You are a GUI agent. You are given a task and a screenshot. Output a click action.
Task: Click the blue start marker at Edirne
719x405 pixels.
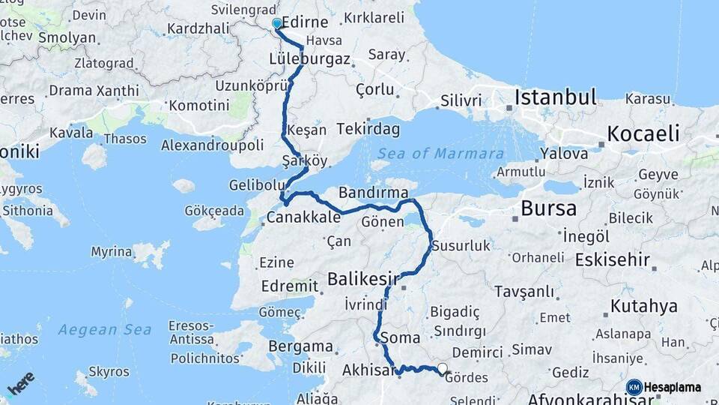pyautogui.click(x=277, y=24)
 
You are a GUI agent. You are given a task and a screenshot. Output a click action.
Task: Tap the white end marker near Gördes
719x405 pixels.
pyautogui.click(x=443, y=368)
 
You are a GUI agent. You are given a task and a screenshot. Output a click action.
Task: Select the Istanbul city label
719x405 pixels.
pyautogui.click(x=554, y=97)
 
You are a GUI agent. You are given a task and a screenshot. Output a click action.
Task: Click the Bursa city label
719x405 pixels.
pyautogui.click(x=549, y=208)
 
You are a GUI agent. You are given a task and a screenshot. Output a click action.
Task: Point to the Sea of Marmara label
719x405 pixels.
pyautogui.click(x=440, y=154)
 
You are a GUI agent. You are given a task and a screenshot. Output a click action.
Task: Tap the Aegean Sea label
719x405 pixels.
pyautogui.click(x=105, y=329)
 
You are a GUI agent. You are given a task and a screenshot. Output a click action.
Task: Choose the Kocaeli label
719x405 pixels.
pyautogui.click(x=643, y=134)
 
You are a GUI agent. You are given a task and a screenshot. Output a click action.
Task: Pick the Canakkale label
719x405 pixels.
pyautogui.click(x=304, y=218)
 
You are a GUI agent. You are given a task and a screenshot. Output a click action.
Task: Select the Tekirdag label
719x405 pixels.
pyautogui.click(x=368, y=129)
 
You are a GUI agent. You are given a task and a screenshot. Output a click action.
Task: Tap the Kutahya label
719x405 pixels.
pyautogui.click(x=644, y=306)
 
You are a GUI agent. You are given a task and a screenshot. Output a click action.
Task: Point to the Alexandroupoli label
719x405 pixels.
pyautogui.click(x=213, y=145)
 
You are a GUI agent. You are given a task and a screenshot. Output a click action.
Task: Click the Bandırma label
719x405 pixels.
pyautogui.click(x=368, y=192)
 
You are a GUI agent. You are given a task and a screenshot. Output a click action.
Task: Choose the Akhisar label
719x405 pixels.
pyautogui.click(x=368, y=370)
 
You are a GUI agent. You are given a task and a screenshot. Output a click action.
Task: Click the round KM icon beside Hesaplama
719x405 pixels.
pyautogui.click(x=634, y=387)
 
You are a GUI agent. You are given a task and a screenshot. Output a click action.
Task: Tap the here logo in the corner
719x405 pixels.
pyautogui.click(x=20, y=382)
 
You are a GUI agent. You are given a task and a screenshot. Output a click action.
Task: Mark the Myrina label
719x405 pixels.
pyautogui.click(x=112, y=251)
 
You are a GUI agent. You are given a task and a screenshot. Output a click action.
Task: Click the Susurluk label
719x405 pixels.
pyautogui.click(x=461, y=245)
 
